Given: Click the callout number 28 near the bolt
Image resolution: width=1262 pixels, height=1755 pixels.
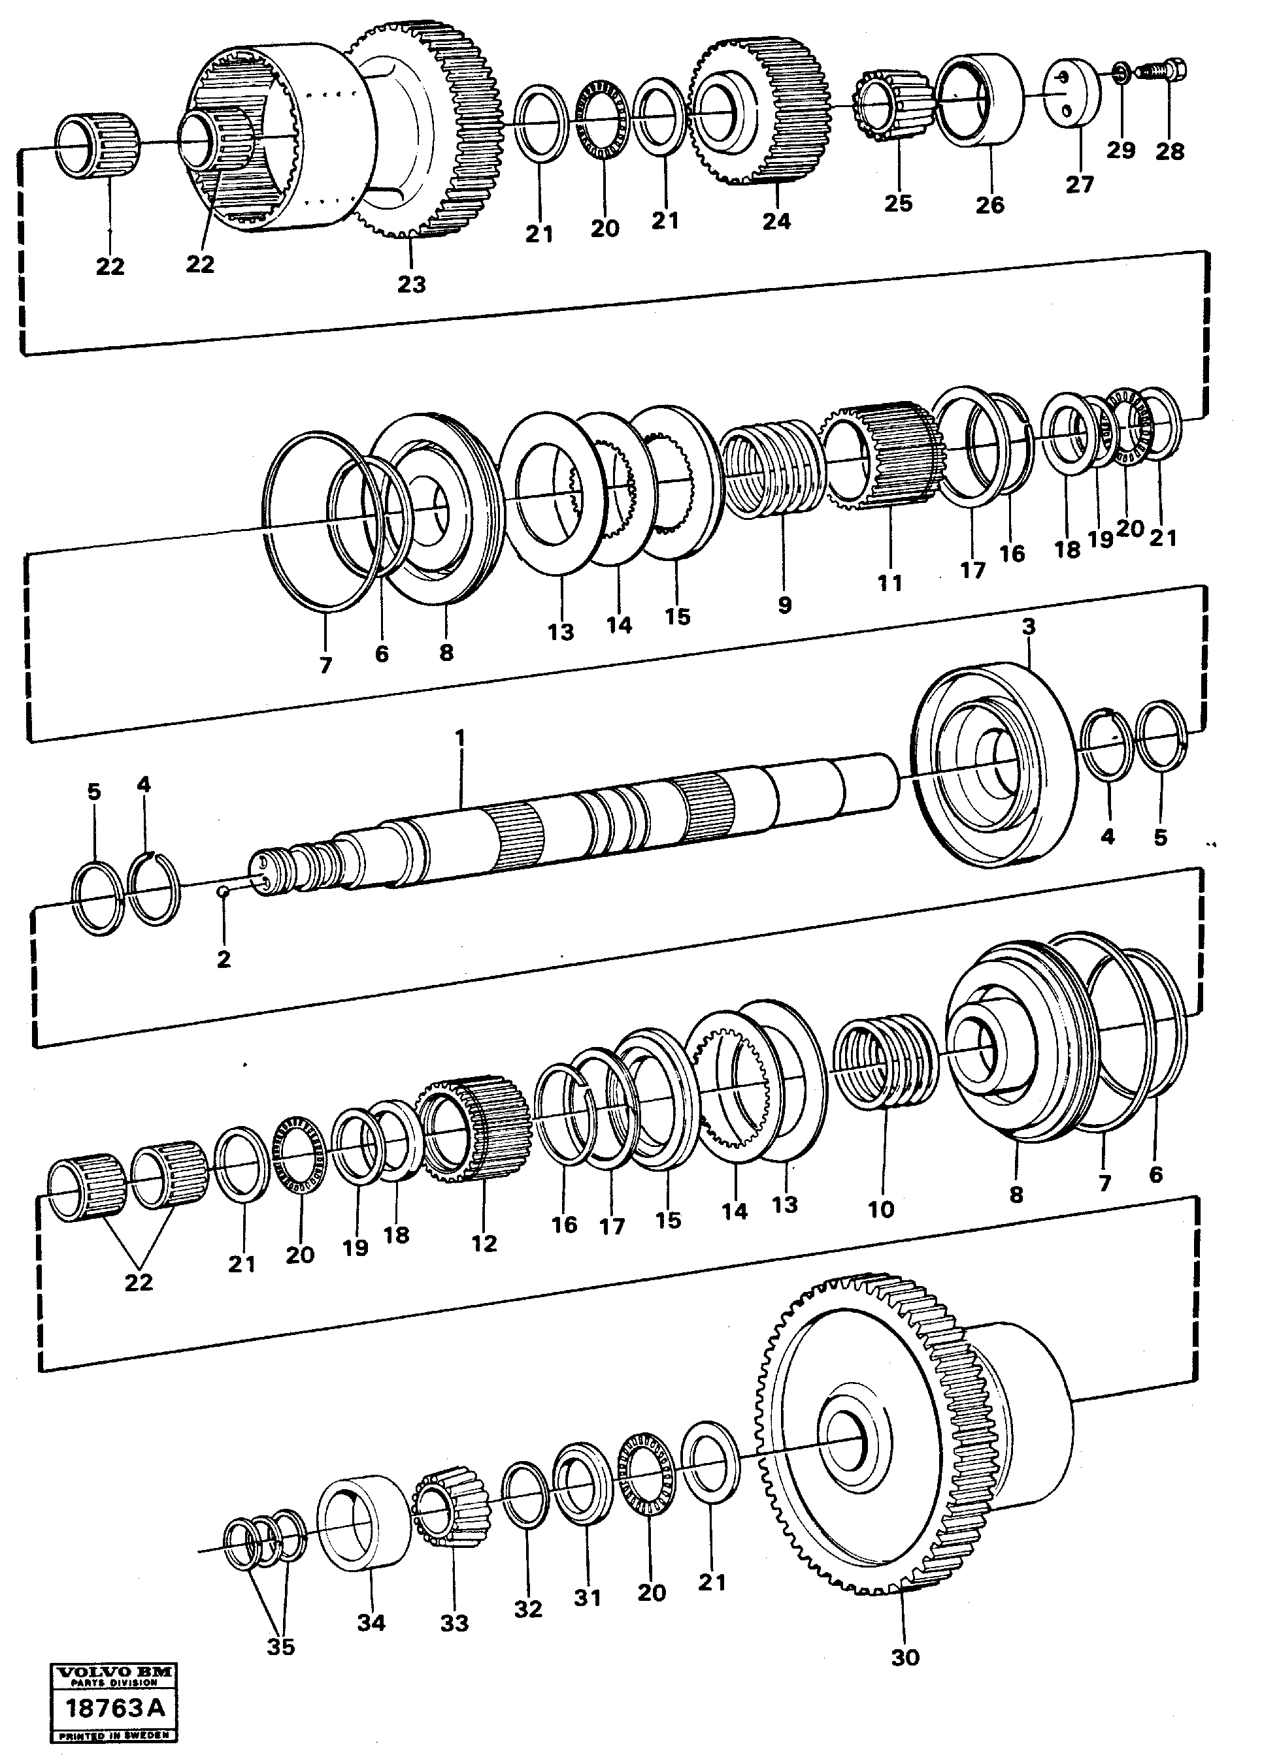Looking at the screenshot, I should tap(1170, 152).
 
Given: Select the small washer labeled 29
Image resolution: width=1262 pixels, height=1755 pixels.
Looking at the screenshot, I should tap(1120, 75).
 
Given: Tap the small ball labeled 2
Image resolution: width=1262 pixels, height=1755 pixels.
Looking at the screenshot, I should tap(222, 892).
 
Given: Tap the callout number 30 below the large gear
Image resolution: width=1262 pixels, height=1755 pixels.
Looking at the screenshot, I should tap(905, 1658).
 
